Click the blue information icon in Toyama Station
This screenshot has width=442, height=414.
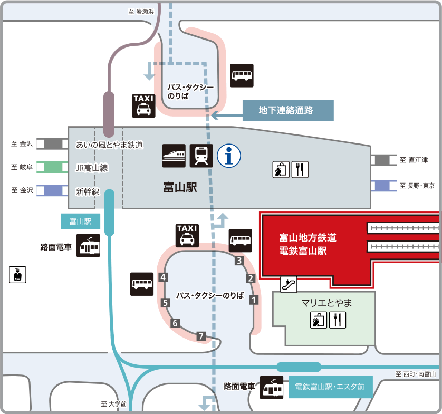(x=229, y=156)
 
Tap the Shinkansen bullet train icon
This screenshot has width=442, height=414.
(x=174, y=156)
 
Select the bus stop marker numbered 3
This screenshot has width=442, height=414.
(x=239, y=261)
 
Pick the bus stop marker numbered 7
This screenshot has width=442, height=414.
(x=201, y=336)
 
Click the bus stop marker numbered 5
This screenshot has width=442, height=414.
(x=165, y=303)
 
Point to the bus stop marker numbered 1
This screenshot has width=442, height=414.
(x=254, y=300)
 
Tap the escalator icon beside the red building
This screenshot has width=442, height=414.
(x=289, y=284)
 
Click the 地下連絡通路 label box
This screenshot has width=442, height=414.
(x=288, y=110)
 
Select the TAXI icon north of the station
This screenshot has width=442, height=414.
(x=143, y=105)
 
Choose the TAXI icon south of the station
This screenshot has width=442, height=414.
(x=187, y=236)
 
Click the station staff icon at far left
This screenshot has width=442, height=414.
(x=17, y=274)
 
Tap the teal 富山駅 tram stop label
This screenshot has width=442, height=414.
(x=81, y=222)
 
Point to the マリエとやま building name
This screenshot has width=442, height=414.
(x=326, y=303)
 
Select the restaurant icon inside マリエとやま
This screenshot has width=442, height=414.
(x=338, y=320)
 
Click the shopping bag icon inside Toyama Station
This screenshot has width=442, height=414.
(x=281, y=169)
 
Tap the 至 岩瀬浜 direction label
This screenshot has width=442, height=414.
(x=141, y=12)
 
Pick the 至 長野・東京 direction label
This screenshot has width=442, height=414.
(x=417, y=186)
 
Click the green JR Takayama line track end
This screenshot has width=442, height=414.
(x=52, y=167)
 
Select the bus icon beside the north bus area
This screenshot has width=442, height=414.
(x=242, y=75)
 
